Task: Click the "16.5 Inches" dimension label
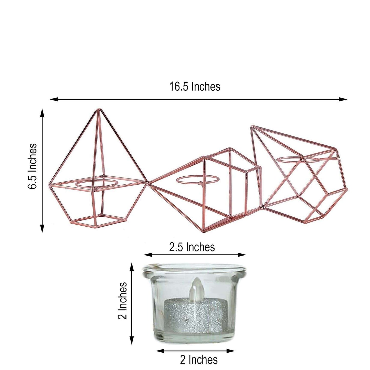coord(194,87)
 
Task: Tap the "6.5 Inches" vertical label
coord(33,166)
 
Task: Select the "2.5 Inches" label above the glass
coord(192,247)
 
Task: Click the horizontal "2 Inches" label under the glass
coord(199,360)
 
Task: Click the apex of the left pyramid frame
coord(98,110)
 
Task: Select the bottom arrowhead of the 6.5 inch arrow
coord(42,230)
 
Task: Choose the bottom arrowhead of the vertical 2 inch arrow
coord(132,342)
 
